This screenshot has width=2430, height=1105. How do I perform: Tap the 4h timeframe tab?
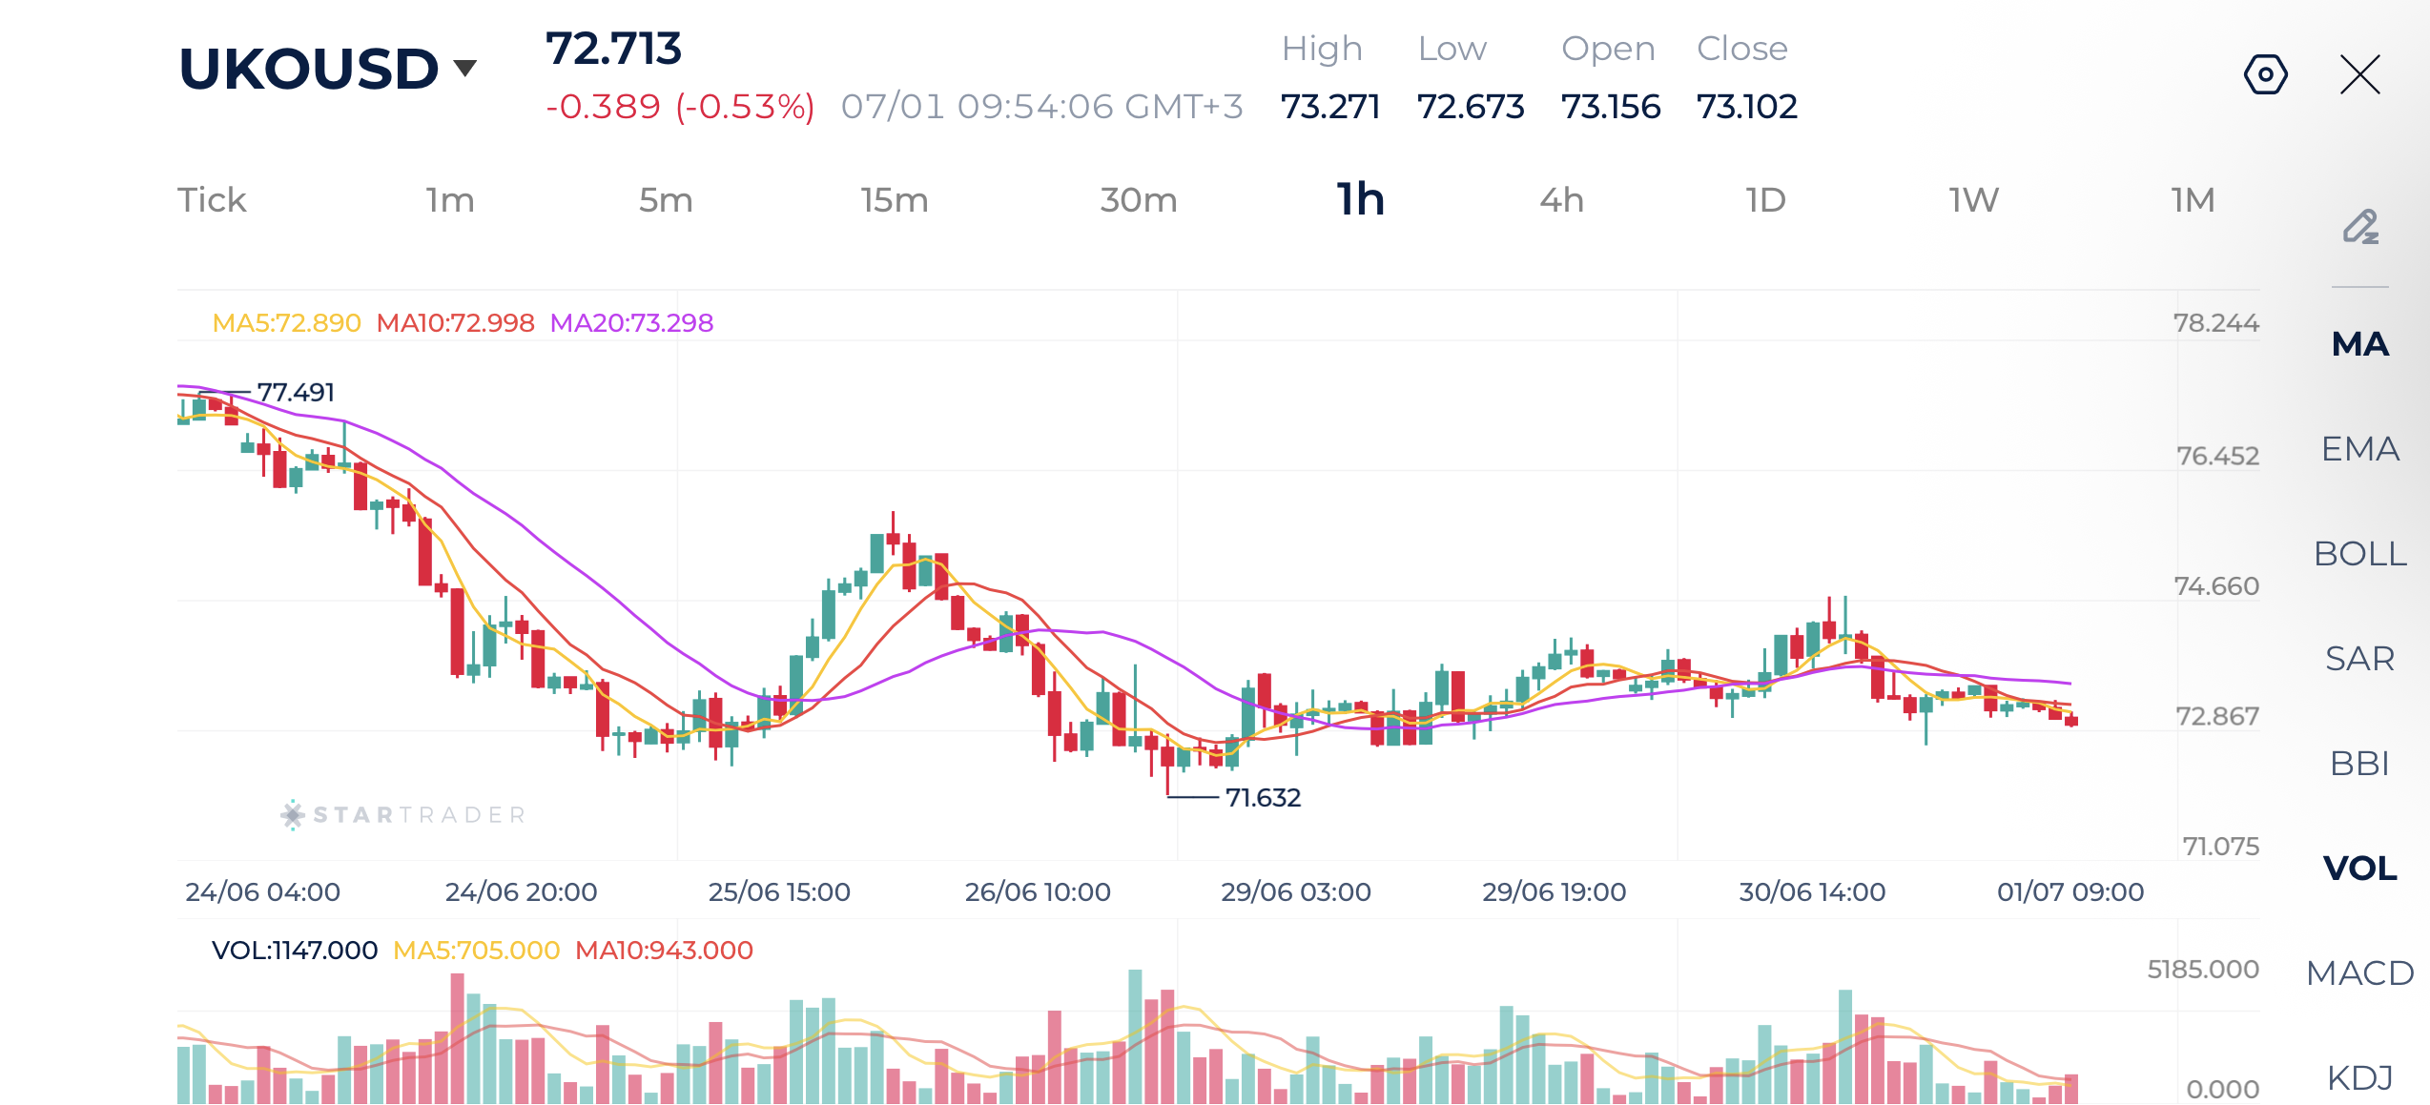(x=1561, y=200)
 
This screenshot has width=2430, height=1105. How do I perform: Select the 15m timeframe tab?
(x=894, y=200)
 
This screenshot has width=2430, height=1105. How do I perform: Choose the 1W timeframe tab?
(x=1973, y=200)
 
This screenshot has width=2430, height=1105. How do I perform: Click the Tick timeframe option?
(x=212, y=200)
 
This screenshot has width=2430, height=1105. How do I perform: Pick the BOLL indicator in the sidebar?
(x=2360, y=554)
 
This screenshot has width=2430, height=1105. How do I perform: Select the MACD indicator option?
(x=2360, y=973)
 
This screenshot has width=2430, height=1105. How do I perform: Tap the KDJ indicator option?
(x=2360, y=1078)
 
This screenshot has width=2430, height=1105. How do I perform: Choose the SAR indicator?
(x=2360, y=659)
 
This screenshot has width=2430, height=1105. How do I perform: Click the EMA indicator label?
(x=2360, y=449)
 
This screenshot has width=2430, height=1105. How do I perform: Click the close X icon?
(x=2360, y=74)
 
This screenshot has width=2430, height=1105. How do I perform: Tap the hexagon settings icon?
(x=2266, y=74)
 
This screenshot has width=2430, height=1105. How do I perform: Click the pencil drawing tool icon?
(x=2360, y=227)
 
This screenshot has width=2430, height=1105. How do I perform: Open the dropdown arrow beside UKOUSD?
(x=465, y=68)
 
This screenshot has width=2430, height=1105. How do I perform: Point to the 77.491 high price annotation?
(x=296, y=393)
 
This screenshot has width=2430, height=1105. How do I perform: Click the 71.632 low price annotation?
(x=1263, y=797)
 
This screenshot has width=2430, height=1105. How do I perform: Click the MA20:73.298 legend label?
(x=631, y=323)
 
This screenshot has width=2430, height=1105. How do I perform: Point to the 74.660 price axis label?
(x=2216, y=586)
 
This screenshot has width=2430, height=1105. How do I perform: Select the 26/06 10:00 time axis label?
(x=1038, y=892)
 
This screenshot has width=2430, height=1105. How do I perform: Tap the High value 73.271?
(x=1330, y=107)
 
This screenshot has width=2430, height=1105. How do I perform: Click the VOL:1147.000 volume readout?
(x=295, y=951)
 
